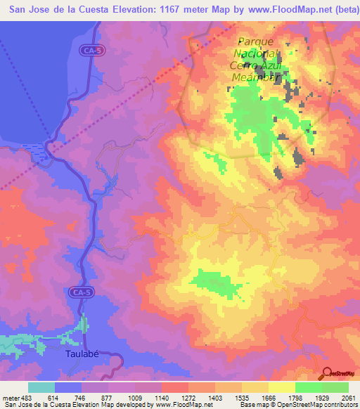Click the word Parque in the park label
tap(255, 41)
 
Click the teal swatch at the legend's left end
tap(41, 387)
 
